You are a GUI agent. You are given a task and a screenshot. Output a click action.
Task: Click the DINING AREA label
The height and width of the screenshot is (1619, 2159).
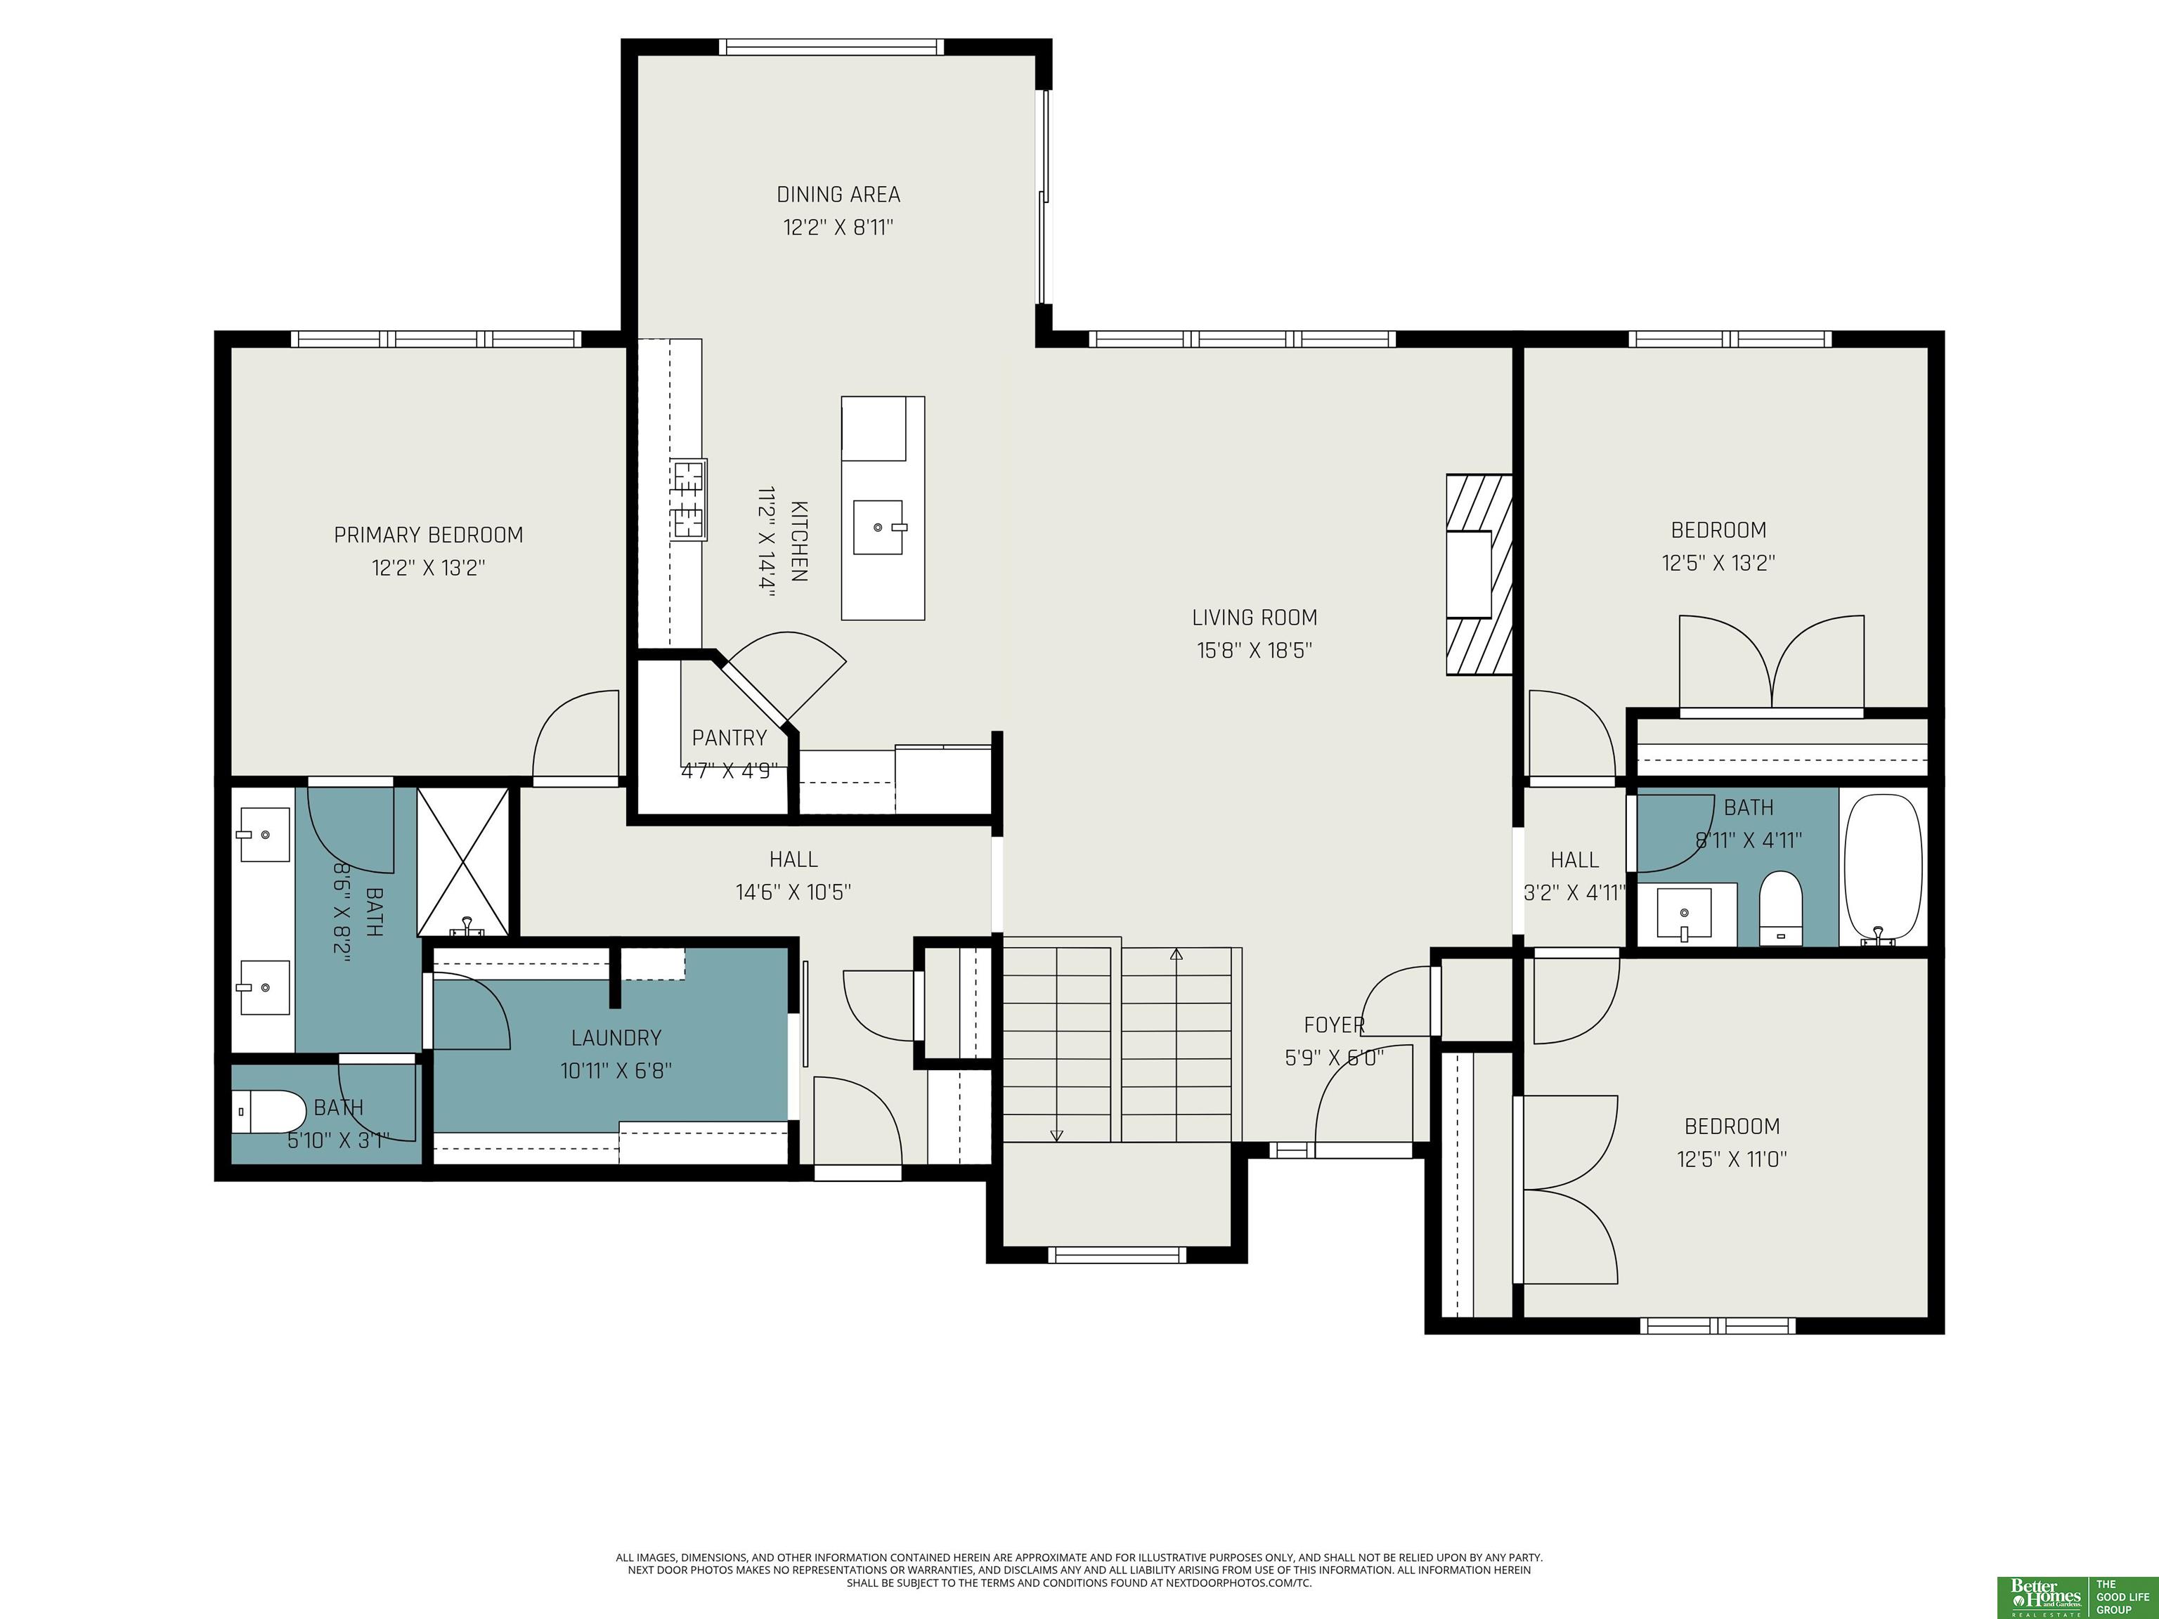pos(838,194)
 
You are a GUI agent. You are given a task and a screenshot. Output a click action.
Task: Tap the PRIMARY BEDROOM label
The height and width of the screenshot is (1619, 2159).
pos(429,535)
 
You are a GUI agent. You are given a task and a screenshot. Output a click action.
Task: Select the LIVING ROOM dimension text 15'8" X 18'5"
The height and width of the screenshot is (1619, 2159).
pos(1254,650)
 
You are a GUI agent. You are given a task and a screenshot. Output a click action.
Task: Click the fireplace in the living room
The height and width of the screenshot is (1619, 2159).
pos(1479,575)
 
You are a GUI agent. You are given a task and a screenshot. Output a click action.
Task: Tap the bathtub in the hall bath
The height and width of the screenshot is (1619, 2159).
pos(1883,869)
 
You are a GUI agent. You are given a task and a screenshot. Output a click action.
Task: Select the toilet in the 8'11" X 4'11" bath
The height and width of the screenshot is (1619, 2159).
pos(1779,908)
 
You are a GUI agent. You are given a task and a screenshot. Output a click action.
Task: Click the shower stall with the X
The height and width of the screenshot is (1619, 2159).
pos(464,861)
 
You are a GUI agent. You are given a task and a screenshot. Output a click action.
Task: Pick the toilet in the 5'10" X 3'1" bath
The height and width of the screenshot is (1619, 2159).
pos(269,1112)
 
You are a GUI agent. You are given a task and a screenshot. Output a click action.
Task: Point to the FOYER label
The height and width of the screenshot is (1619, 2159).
pos(1333,1025)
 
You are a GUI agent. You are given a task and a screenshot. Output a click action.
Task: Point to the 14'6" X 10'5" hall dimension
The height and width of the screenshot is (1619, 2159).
pos(793,892)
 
